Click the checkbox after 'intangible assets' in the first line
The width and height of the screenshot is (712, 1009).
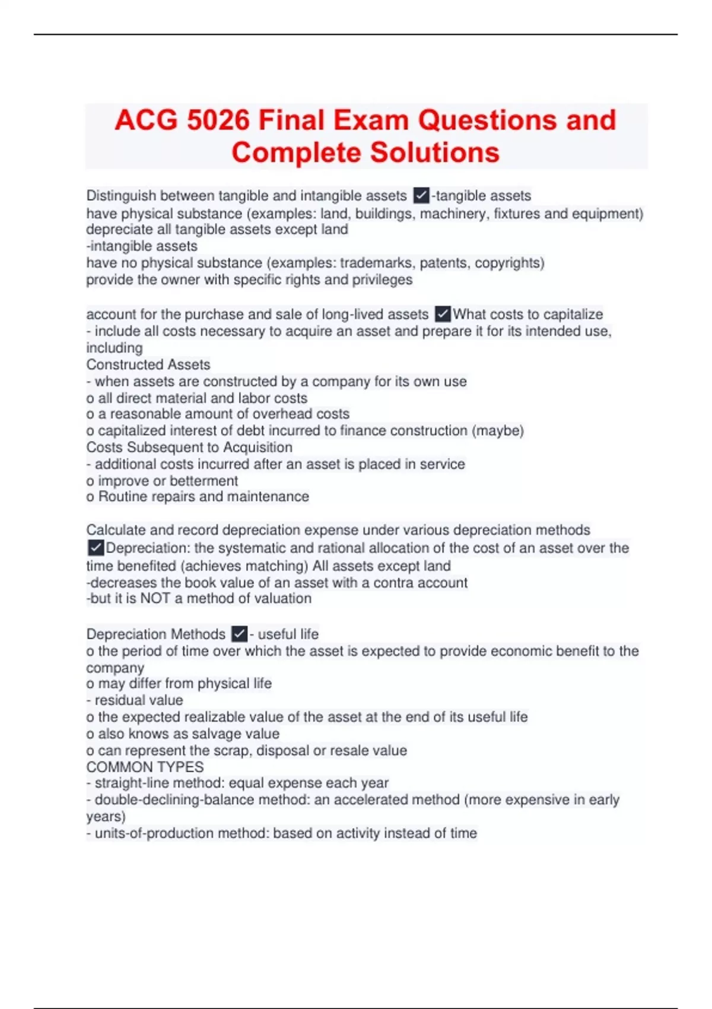[x=421, y=195]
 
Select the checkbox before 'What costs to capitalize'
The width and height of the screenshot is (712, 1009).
[x=443, y=314]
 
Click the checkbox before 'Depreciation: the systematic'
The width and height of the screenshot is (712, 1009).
[x=96, y=548]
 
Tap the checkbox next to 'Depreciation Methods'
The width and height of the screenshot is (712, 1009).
[x=239, y=634]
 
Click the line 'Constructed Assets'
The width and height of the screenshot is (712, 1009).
[x=148, y=364]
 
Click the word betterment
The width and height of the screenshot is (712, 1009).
[x=204, y=481]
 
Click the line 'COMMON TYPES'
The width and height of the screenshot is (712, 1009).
[x=145, y=767]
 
